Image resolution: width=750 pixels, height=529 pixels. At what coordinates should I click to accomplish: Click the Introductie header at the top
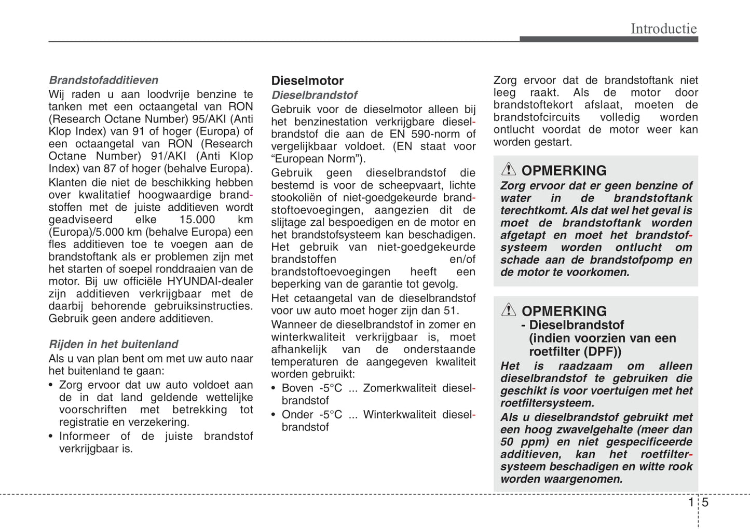pyautogui.click(x=663, y=29)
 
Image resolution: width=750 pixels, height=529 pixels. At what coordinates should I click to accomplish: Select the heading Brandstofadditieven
pyautogui.click(x=103, y=80)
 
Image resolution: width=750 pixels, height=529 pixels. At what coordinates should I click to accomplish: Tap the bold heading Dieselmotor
pyautogui.click(x=307, y=80)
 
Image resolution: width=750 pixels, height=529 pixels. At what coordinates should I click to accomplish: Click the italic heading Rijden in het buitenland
pyautogui.click(x=113, y=344)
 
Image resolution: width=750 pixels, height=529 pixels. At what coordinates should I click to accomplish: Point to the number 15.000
pyautogui.click(x=197, y=220)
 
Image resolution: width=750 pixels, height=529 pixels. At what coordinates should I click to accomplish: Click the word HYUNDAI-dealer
pyautogui.click(x=210, y=281)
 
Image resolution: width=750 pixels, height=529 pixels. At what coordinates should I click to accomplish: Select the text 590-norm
pyautogui.click(x=432, y=134)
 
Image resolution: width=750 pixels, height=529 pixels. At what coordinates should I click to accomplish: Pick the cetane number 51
pyautogui.click(x=451, y=310)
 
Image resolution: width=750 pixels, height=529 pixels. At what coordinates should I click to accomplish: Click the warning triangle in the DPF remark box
pyautogui.click(x=509, y=310)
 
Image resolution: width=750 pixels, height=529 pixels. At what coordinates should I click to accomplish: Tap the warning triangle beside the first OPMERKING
pyautogui.click(x=509, y=169)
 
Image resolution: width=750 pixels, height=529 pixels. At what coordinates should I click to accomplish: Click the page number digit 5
pyautogui.click(x=705, y=502)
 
